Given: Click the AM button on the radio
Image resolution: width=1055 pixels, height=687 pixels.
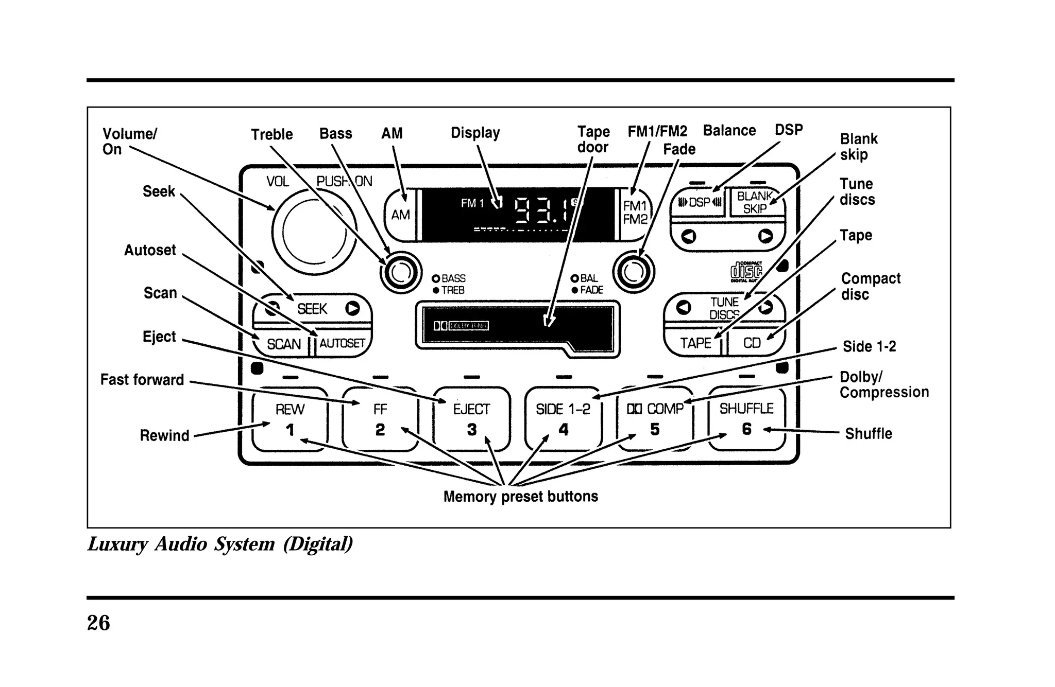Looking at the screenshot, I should click(400, 214).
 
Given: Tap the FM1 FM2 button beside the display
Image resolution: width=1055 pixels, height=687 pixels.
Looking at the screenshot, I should click(635, 213).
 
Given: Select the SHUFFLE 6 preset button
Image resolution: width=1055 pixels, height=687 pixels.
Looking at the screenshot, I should click(746, 418).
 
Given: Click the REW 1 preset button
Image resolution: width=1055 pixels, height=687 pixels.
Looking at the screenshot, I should click(290, 419).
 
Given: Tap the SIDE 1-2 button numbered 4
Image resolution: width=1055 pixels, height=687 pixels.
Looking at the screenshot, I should click(563, 419).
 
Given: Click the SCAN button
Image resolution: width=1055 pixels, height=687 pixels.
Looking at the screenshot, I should click(283, 343).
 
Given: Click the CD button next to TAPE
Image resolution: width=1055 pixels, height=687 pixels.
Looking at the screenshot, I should click(752, 343).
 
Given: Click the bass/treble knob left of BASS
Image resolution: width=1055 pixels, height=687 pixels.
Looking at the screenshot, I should click(401, 273).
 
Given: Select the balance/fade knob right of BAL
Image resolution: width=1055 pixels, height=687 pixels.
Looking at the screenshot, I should click(633, 272).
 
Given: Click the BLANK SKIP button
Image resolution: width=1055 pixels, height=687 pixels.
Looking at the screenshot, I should click(755, 203).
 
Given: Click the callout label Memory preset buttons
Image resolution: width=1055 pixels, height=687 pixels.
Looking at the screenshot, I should click(520, 497).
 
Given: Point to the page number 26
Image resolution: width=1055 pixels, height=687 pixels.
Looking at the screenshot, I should click(98, 623).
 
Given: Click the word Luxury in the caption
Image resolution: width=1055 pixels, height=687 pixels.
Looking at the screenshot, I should click(118, 544).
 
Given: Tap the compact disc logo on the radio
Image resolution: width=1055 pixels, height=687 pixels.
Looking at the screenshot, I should click(746, 272).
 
